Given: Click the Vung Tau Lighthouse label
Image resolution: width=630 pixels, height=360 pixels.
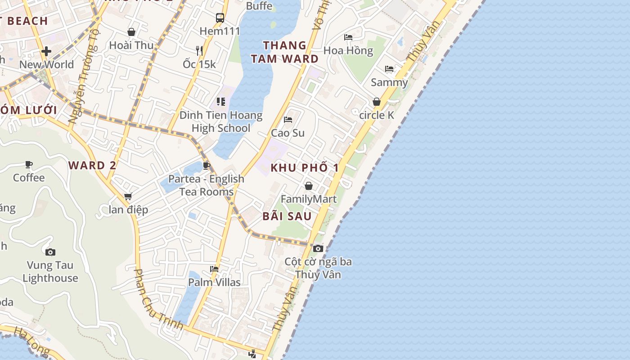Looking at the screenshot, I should pos(50,271).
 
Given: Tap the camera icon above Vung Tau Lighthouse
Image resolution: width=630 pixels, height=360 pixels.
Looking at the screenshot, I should pos(50,252).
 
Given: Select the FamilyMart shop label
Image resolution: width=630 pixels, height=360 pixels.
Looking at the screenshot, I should pos(309,199).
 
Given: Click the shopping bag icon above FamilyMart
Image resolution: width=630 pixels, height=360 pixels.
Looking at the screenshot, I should pos(309,186).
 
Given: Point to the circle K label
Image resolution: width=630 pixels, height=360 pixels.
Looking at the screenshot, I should pos(377,115).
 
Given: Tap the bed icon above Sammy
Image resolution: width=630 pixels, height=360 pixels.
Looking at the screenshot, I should pos(389,69).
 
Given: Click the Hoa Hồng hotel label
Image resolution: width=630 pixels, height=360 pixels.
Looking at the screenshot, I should pos(348,50).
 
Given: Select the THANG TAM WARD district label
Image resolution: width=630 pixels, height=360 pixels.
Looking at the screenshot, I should pos(284,52).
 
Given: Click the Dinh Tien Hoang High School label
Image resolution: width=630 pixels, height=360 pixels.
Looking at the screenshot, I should pos(221,121).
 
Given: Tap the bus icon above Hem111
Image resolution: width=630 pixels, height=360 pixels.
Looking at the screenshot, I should pos(220,18).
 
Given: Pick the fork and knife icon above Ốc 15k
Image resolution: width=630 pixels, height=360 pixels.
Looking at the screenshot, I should pos(199,50).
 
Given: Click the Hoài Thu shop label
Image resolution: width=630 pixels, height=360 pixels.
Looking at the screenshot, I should pos(131,45).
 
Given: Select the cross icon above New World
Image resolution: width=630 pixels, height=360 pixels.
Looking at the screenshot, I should pos(46,51).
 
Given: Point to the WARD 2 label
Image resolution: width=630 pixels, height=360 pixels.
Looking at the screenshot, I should pos(93,165).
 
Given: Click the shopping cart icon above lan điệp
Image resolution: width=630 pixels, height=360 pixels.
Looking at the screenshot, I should pos(128,196).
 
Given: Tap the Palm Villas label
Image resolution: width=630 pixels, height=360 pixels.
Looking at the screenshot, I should pos(214,282).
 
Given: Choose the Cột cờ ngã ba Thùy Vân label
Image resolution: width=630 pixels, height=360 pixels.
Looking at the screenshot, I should pos(318,268).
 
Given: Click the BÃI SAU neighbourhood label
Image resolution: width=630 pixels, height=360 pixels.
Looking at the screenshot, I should pos(287,216).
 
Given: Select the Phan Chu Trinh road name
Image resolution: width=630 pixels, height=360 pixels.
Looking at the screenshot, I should pos(158,299).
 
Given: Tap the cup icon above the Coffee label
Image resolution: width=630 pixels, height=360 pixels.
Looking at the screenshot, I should pos(29,164).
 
